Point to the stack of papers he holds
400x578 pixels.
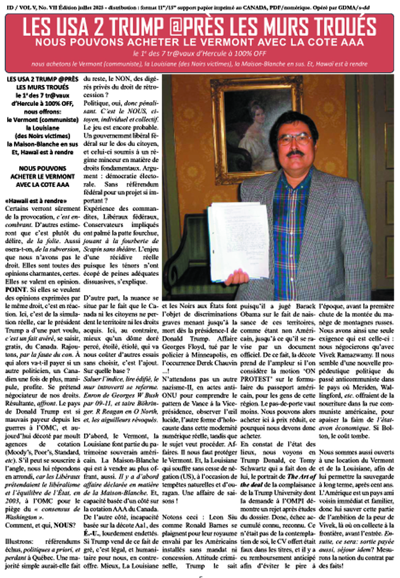click(x=238, y=240)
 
